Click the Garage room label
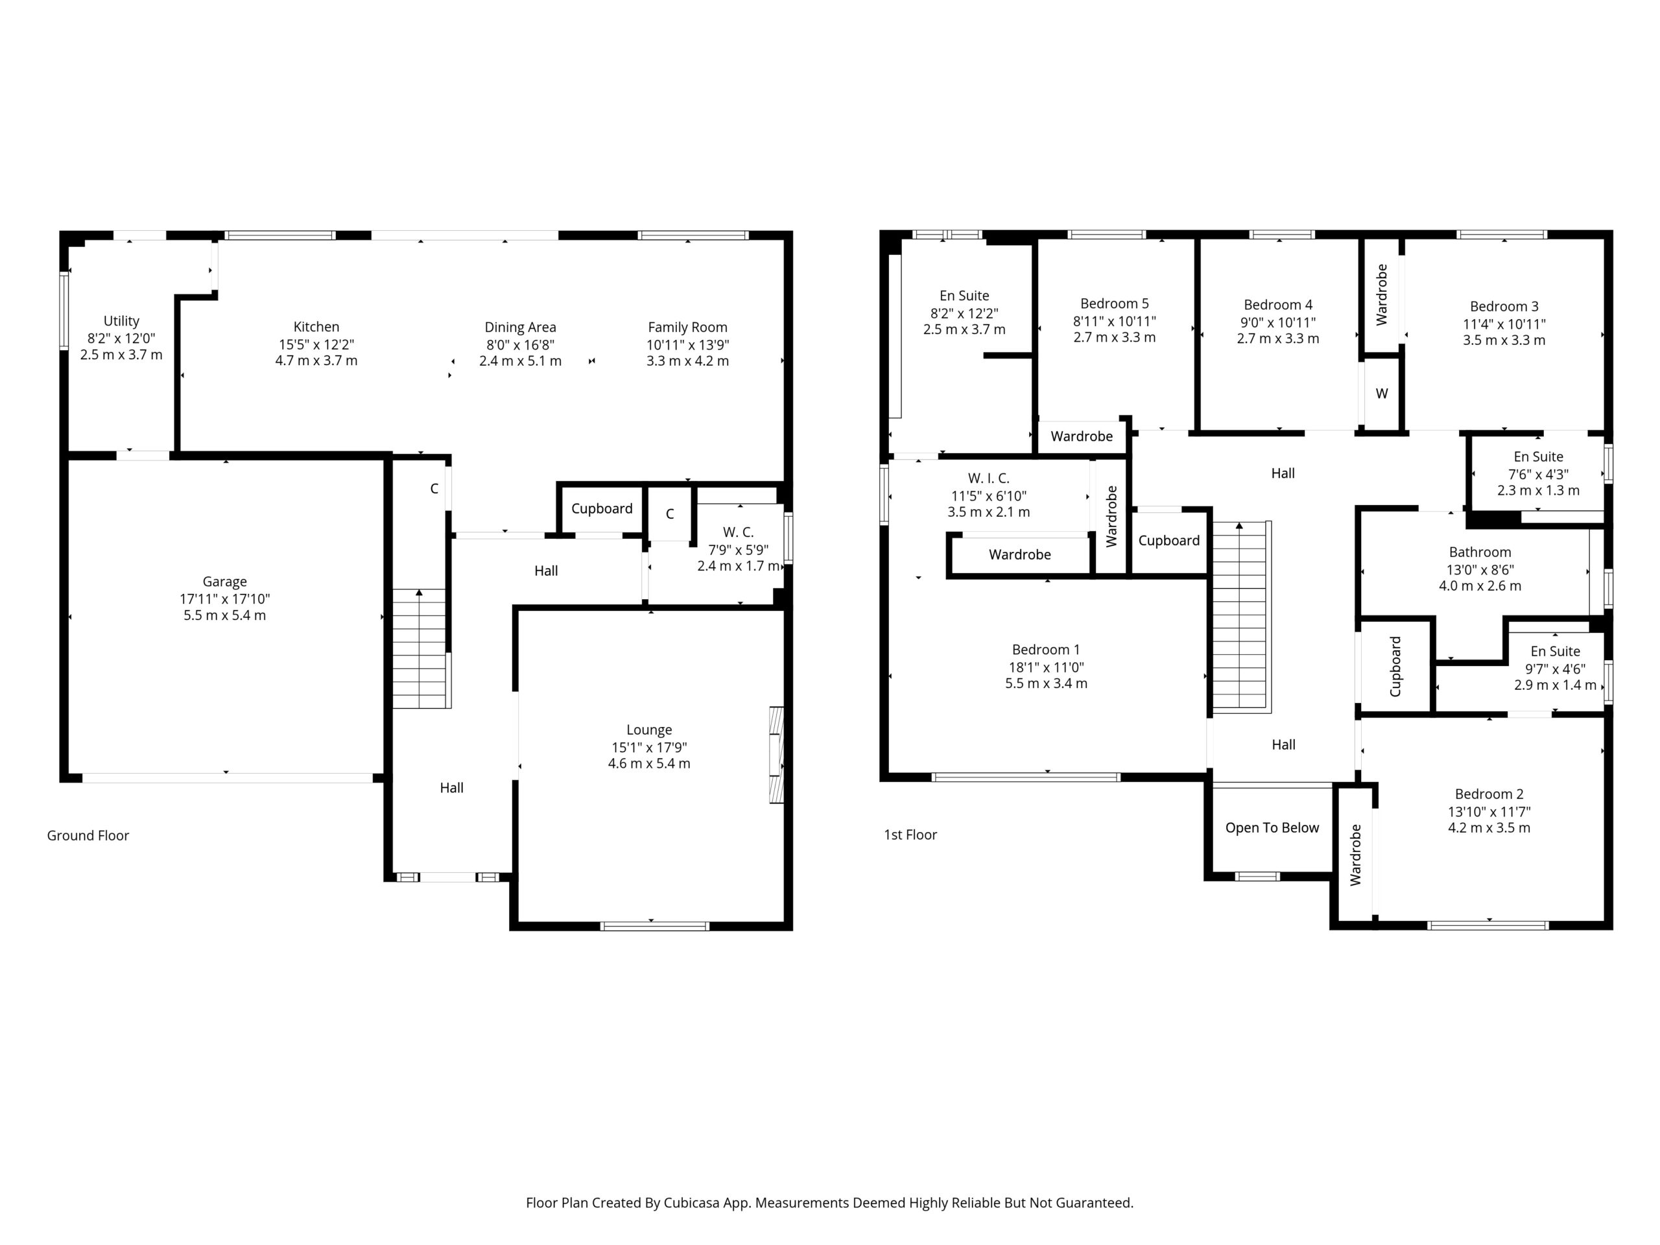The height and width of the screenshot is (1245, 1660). pyautogui.click(x=224, y=582)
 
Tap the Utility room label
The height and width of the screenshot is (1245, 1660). pyautogui.click(x=121, y=321)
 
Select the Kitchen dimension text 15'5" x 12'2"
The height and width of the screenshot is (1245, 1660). pyautogui.click(x=316, y=344)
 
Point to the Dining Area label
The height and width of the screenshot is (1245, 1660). pyautogui.click(x=520, y=327)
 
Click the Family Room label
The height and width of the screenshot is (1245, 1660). pyautogui.click(x=687, y=327)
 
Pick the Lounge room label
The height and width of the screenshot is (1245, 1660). pyautogui.click(x=649, y=730)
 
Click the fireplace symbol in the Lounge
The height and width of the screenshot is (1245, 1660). pyautogui.click(x=776, y=755)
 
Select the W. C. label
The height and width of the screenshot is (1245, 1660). pyautogui.click(x=739, y=532)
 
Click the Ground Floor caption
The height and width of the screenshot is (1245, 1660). pyautogui.click(x=88, y=835)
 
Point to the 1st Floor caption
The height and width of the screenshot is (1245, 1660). pyautogui.click(x=910, y=835)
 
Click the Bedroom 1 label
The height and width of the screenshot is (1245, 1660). pyautogui.click(x=1046, y=650)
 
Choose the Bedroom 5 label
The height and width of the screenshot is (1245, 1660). pyautogui.click(x=1115, y=304)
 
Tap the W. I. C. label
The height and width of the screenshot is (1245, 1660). pyautogui.click(x=988, y=478)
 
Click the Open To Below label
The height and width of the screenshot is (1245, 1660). pyautogui.click(x=1272, y=828)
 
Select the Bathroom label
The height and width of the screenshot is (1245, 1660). pyautogui.click(x=1480, y=552)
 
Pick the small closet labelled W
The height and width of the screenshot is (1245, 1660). pyautogui.click(x=1382, y=393)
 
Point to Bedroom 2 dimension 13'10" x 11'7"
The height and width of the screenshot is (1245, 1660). pyautogui.click(x=1489, y=811)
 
